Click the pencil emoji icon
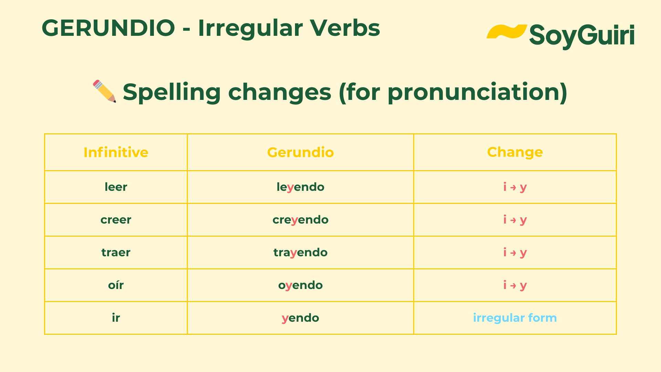tap(105, 91)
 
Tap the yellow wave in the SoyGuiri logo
tap(506, 31)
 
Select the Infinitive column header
tap(116, 152)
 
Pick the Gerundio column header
tap(300, 152)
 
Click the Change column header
tap(515, 152)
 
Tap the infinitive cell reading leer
tap(116, 187)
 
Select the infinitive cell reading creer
tap(116, 220)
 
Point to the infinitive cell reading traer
tap(116, 252)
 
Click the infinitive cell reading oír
tap(116, 285)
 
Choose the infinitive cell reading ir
tap(116, 318)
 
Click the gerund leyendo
tap(300, 187)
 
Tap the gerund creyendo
tap(300, 220)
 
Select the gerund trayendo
tap(300, 252)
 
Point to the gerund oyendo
tap(300, 285)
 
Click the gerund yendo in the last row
tap(300, 318)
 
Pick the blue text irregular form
tap(515, 318)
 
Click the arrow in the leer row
tap(513, 188)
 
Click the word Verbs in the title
tap(345, 28)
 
